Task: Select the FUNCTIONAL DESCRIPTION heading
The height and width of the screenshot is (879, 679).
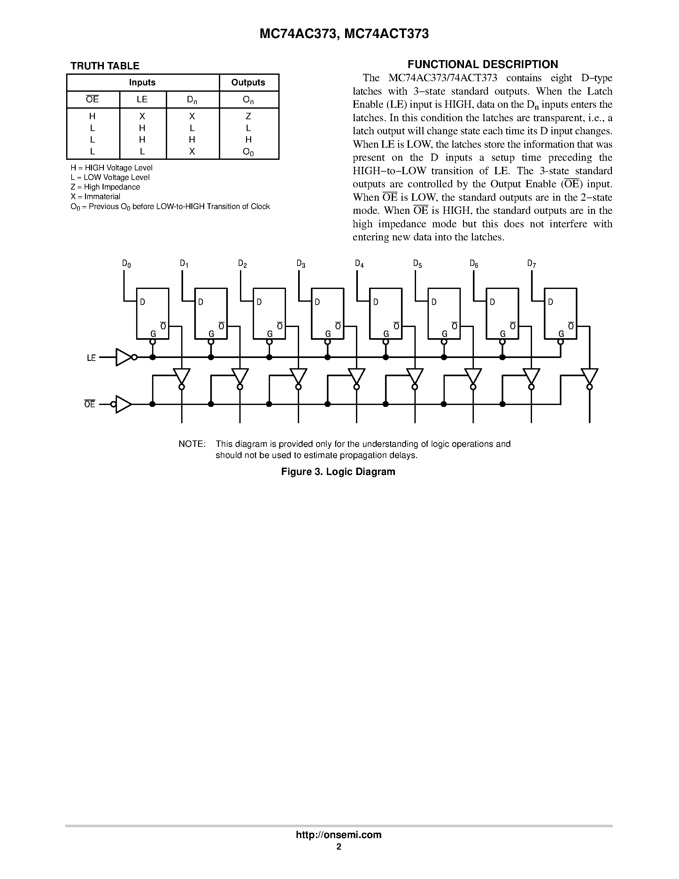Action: click(x=483, y=64)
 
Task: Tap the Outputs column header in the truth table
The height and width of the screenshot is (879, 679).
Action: click(x=248, y=82)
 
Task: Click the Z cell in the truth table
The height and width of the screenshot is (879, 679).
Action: click(x=248, y=116)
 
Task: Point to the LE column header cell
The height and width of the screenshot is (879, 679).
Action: click(x=142, y=99)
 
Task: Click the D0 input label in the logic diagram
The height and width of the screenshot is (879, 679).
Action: click(x=126, y=264)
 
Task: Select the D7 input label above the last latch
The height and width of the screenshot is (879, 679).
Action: click(x=531, y=264)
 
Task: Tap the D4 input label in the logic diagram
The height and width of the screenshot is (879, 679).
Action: click(x=359, y=264)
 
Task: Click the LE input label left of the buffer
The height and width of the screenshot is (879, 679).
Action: click(x=91, y=358)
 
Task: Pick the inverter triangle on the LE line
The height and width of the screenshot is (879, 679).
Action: click(x=123, y=357)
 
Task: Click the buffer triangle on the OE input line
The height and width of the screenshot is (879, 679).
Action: click(x=123, y=404)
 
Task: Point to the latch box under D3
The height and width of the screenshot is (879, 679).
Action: click(x=328, y=314)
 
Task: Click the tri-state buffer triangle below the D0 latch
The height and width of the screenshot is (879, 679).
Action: click(x=181, y=376)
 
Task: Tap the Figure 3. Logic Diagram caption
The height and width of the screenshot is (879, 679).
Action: click(x=338, y=472)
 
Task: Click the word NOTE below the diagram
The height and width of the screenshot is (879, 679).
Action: click(x=192, y=444)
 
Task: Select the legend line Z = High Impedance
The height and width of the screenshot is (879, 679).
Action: click(x=105, y=187)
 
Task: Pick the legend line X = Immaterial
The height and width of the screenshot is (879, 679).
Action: click(x=95, y=197)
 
